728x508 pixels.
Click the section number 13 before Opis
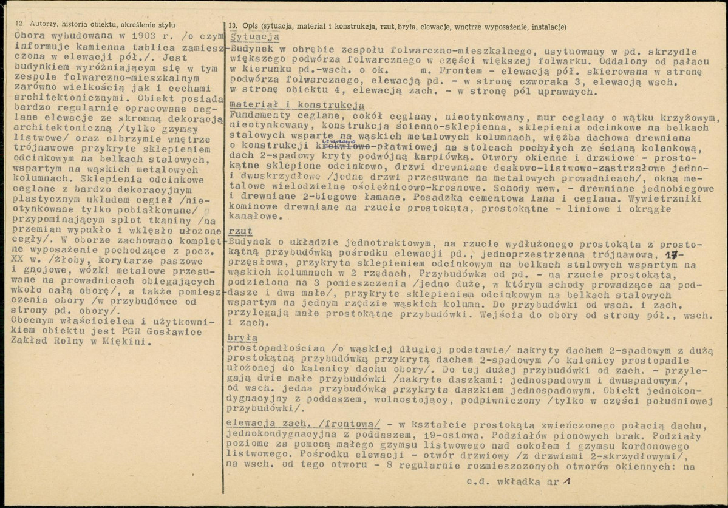click(233, 26)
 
